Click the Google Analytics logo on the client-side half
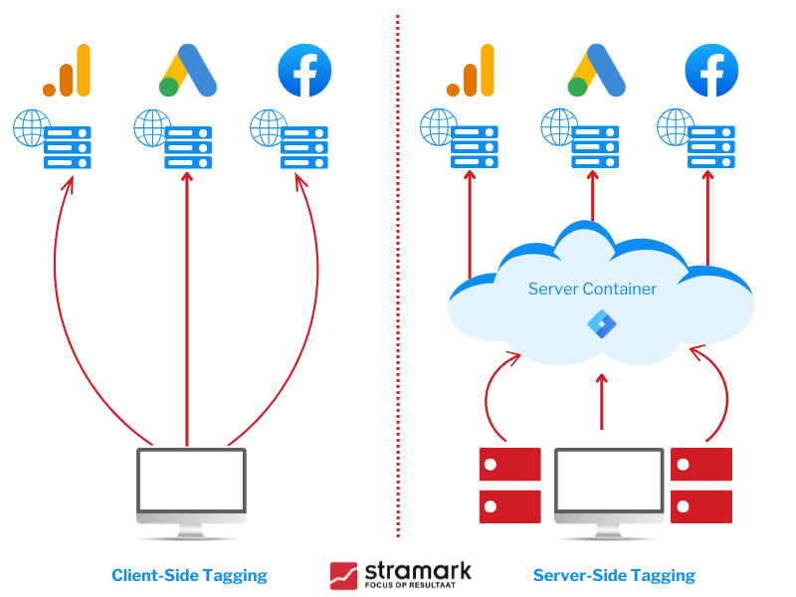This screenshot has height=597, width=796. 67,72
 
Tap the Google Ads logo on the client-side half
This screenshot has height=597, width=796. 187,73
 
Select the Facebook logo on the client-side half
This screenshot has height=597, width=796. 304,72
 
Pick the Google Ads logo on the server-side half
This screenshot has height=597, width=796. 596,73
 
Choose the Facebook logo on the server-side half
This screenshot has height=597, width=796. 711,72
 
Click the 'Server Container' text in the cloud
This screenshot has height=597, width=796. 591,289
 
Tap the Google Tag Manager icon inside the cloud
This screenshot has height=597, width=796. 601,322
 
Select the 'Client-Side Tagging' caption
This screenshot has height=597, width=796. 189,575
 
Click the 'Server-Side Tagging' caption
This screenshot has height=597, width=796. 614,575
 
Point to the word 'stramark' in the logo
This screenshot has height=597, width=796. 418,569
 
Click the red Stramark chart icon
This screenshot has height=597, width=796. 344,575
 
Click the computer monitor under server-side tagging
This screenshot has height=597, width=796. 608,490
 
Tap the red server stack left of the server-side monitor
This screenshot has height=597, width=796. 509,485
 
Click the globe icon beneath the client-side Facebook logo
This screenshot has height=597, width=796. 269,127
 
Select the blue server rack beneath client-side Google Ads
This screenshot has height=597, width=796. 188,147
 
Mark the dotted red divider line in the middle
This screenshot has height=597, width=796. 398,298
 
